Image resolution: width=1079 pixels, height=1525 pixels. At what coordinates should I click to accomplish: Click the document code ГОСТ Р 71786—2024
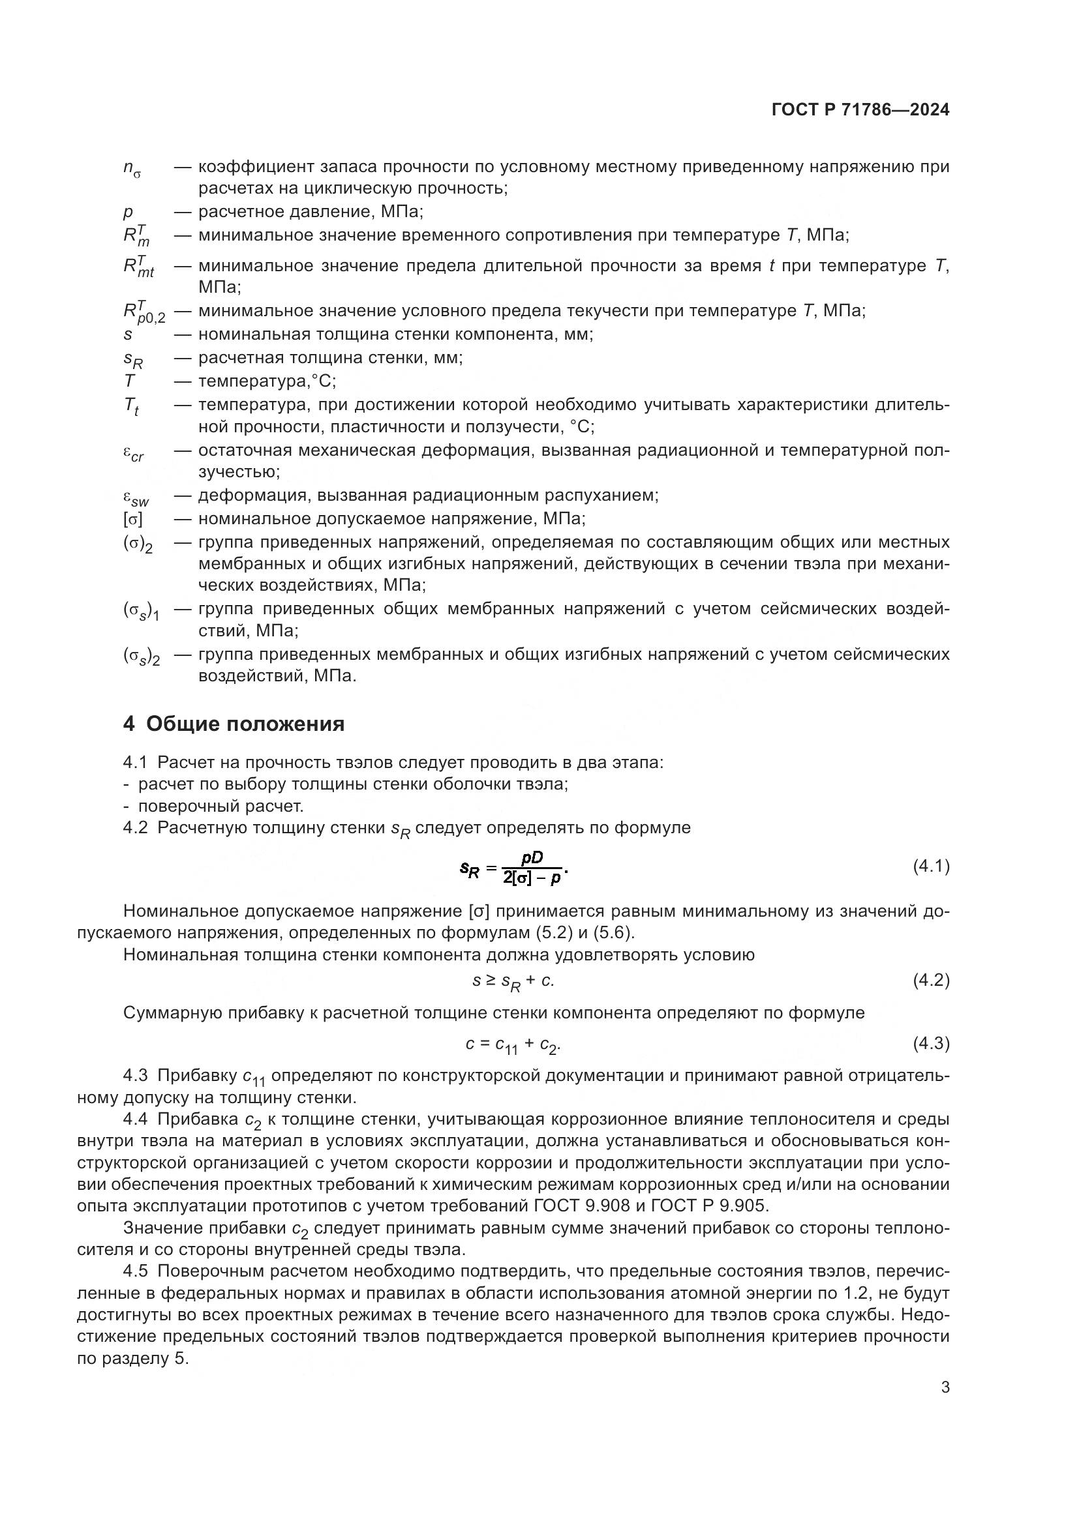[x=860, y=110]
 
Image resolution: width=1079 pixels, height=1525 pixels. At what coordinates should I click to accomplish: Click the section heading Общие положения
[x=245, y=724]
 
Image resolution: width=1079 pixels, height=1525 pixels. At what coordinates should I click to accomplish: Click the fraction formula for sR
[x=514, y=868]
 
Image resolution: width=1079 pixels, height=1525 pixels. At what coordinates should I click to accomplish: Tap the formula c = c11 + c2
[x=512, y=1044]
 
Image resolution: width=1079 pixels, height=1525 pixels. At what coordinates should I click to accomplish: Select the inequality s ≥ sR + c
[x=512, y=981]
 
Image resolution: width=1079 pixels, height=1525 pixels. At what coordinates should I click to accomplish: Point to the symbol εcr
[x=133, y=453]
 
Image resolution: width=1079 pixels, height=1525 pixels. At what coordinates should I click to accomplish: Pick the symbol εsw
[x=136, y=497]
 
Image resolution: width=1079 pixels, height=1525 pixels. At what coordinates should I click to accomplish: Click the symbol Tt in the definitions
[x=131, y=406]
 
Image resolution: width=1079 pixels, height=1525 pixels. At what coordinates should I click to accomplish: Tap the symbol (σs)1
[x=141, y=611]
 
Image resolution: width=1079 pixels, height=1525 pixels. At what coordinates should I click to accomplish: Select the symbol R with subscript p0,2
[x=143, y=312]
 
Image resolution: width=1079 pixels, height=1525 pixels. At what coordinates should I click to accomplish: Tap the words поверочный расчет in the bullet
[x=220, y=807]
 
